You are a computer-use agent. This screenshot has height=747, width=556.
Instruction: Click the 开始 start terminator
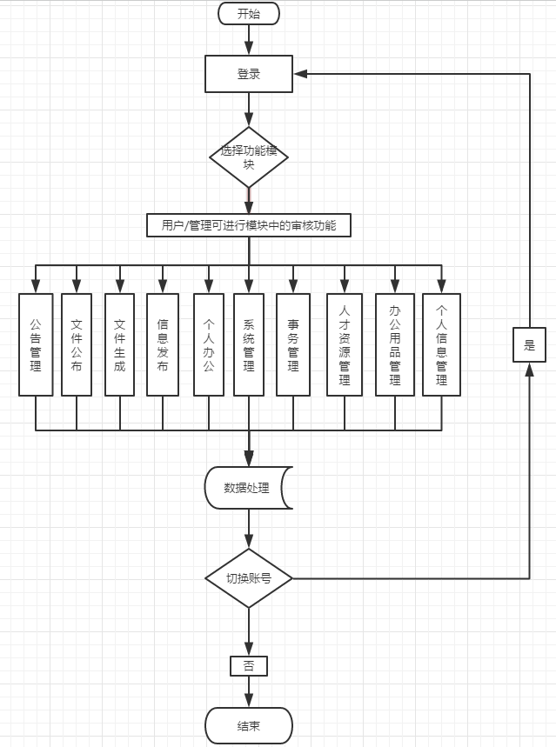249,14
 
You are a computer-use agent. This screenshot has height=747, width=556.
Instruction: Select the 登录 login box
249,74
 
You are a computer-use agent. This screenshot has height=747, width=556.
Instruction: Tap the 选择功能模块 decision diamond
249,157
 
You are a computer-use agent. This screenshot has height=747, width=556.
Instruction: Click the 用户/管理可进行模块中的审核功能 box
249,226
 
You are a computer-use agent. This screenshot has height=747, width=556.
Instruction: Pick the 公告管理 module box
36,345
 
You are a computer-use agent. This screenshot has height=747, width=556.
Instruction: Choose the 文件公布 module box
77,345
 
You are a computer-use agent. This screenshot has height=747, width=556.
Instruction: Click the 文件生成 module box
120,345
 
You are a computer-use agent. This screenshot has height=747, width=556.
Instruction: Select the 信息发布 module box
163,345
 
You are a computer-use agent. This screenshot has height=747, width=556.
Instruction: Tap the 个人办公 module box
209,345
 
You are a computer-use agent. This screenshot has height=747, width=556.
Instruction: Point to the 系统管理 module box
249,345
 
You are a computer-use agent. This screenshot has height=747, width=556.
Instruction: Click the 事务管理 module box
293,345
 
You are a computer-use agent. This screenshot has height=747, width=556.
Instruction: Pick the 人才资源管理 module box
345,345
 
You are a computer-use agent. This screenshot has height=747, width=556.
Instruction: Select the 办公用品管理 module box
395,345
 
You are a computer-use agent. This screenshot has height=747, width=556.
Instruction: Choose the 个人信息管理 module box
441,345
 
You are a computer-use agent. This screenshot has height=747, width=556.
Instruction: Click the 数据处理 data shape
248,488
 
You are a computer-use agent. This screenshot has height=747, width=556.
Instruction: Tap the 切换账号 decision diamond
249,578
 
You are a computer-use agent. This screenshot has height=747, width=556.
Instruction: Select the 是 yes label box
529,345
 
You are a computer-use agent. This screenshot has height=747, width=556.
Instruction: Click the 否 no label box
249,666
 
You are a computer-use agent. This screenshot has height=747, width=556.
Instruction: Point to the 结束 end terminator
249,725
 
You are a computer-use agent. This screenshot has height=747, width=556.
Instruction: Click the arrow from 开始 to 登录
249,40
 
